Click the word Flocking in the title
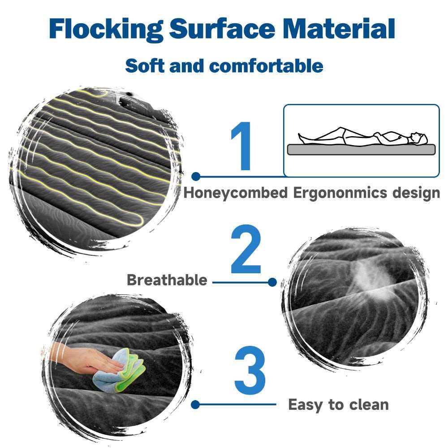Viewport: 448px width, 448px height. [105, 29]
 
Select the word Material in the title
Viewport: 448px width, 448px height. [340, 29]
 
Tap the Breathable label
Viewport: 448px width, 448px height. [167, 280]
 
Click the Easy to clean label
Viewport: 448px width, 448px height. [338, 405]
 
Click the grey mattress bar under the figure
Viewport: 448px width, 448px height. [361, 150]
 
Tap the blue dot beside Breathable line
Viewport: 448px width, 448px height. [271, 282]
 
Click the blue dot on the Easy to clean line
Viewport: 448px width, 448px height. [195, 405]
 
